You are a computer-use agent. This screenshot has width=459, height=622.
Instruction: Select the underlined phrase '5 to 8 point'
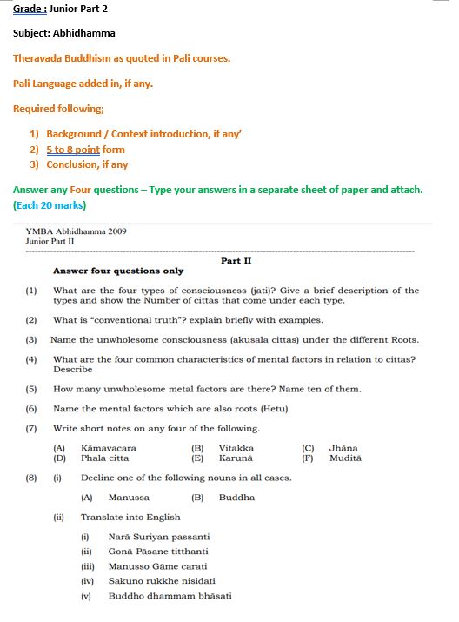pyautogui.click(x=74, y=150)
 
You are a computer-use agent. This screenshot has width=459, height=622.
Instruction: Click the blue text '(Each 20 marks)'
pyautogui.click(x=50, y=206)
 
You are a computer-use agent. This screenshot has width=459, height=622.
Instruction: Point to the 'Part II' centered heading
pyautogui.click(x=236, y=260)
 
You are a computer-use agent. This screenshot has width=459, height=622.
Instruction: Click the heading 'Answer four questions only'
pyautogui.click(x=118, y=271)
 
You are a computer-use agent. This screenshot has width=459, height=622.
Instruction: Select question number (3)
pyautogui.click(x=31, y=339)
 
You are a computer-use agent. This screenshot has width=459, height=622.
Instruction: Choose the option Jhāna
pyautogui.click(x=344, y=448)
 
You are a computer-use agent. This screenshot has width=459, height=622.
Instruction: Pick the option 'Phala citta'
pyautogui.click(x=104, y=458)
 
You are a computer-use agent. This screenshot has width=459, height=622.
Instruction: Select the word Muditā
pyautogui.click(x=345, y=458)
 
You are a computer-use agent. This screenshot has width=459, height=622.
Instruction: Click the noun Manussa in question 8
pyautogui.click(x=129, y=498)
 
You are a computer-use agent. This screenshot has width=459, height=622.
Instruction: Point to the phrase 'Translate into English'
pyautogui.click(x=130, y=518)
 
